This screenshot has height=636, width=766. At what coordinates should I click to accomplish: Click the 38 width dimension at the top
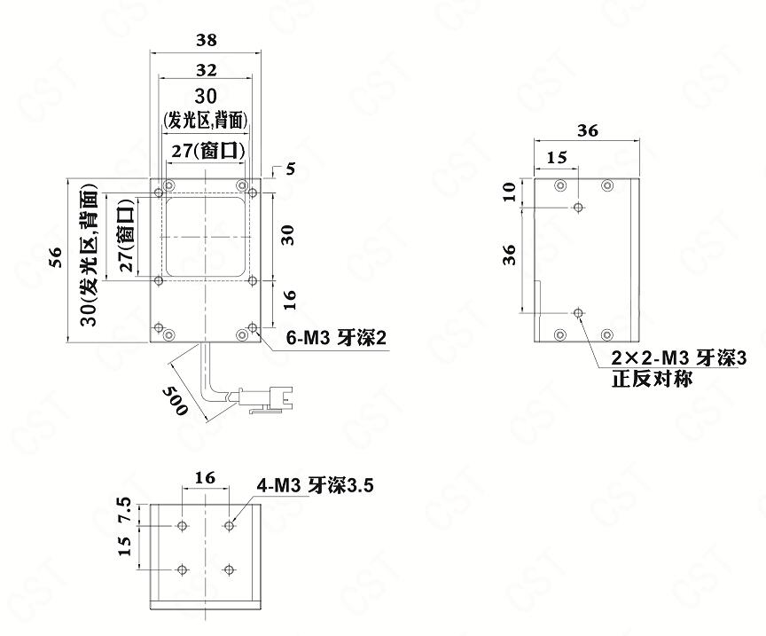coord(207,40)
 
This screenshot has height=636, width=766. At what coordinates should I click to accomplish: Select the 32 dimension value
coord(207,70)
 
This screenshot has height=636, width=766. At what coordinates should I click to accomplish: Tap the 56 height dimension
coord(57,257)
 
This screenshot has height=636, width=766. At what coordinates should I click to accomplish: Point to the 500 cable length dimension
coord(175,400)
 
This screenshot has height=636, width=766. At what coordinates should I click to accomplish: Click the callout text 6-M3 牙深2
coord(336,338)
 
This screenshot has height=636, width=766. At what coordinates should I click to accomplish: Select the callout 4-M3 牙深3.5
coord(316,485)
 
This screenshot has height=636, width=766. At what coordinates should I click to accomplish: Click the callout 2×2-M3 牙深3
coord(679,358)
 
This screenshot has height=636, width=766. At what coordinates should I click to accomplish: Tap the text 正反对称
coord(653,379)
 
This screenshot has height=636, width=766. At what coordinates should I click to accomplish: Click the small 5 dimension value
coord(291,169)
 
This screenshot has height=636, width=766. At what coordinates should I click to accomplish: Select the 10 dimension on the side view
coord(510,191)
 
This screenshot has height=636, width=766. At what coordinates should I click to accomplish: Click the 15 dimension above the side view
coord(557,157)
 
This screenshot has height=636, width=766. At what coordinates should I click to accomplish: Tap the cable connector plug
coord(265,397)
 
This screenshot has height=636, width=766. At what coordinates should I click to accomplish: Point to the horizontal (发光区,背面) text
coord(205,120)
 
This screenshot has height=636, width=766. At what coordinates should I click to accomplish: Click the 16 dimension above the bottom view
coord(205,477)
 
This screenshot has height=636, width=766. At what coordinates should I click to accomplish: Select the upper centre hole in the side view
coord(578,208)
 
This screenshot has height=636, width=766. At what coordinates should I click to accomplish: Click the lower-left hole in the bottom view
coord(183,569)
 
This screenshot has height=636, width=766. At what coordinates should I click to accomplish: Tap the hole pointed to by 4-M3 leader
coord(229,526)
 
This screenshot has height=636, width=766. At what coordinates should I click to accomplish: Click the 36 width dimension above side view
coord(587,130)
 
